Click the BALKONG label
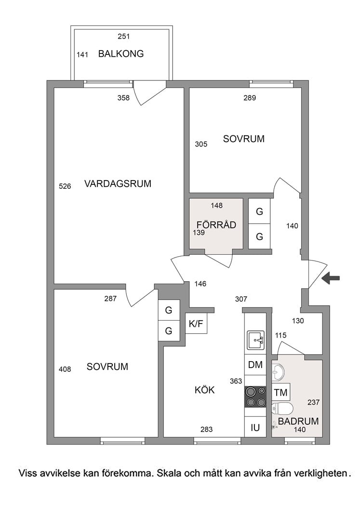pos(121,54)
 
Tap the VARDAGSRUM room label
pos(118,184)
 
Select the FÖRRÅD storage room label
pos(216,225)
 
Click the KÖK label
pos(204,390)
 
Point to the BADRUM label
pos(298,421)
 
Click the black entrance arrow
pos(331,278)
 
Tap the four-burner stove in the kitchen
pos(255,397)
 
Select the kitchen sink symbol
pos(255,340)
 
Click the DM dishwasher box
pos(255,365)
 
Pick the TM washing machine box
pos(280,392)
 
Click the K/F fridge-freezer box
pos(196,323)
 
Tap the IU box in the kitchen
pos(255,427)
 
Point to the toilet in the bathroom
pos(282,408)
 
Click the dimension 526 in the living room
pos(65,186)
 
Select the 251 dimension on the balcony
pos(123,36)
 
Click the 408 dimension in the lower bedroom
pos(65,369)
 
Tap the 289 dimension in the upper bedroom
pos(250,98)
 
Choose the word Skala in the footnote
pos(169,473)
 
